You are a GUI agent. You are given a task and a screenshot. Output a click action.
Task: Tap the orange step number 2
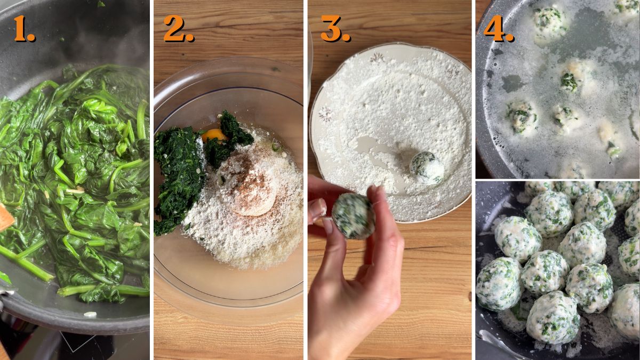point(178,29)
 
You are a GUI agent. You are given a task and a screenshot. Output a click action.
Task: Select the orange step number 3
point(334,29)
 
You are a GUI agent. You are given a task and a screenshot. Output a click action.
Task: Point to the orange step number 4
point(498,29)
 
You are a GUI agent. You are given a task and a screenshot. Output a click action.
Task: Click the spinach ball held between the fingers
point(353,215)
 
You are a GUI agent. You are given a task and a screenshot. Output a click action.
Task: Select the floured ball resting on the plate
point(426,168)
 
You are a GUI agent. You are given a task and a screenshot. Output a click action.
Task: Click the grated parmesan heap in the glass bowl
point(235,235)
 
